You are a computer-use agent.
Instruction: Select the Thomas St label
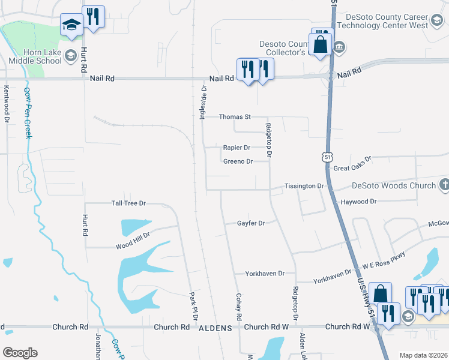pyautogui.click(x=234, y=117)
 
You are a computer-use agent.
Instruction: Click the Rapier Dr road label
pyautogui.click(x=236, y=148)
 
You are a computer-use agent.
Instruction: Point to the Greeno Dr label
pyautogui.click(x=238, y=161)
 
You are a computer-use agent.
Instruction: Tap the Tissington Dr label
pyautogui.click(x=304, y=186)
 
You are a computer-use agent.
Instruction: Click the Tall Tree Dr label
pyautogui.click(x=129, y=203)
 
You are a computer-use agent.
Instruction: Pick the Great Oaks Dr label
pyautogui.click(x=352, y=164)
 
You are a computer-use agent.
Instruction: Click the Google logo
pyautogui.click(x=20, y=353)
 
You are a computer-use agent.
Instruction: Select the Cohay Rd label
pyautogui.click(x=238, y=307)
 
